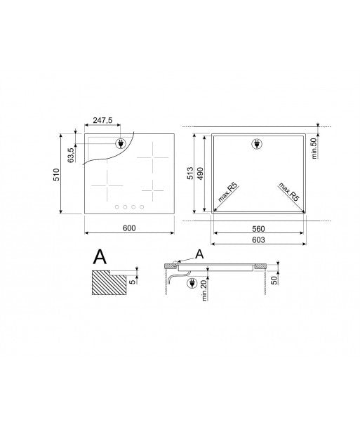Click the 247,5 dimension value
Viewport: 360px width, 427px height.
[x=102, y=120]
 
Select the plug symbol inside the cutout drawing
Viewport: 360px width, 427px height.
[x=255, y=145]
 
